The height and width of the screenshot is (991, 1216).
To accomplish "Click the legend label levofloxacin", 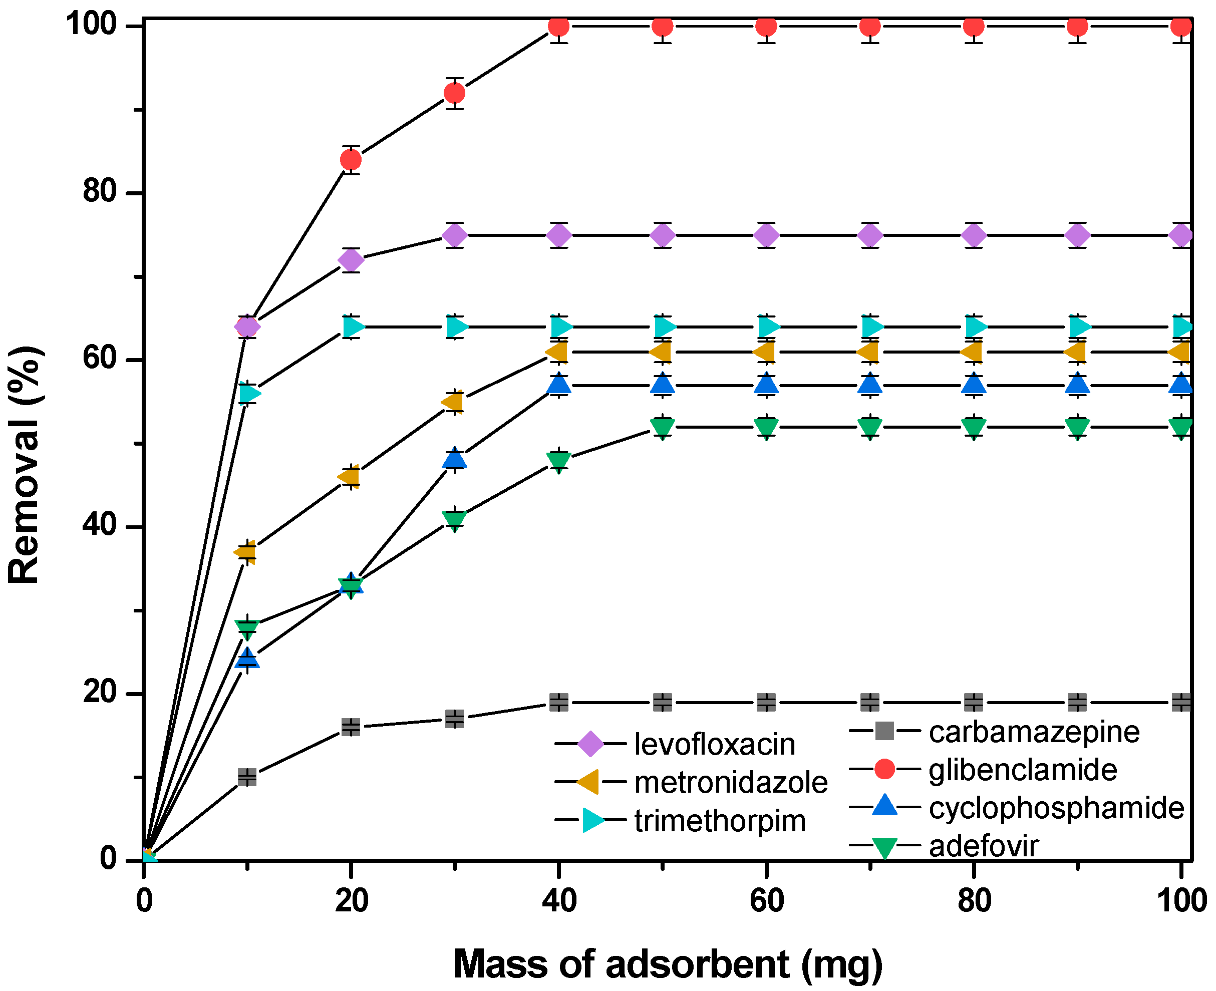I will tap(714, 745).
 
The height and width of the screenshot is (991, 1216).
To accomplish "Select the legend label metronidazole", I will tap(730, 783).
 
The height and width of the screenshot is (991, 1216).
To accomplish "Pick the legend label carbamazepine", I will tap(1034, 733).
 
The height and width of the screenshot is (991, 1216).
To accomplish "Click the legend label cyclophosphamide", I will tap(1057, 808).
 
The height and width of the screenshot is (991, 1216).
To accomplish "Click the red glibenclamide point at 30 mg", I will tap(454, 93).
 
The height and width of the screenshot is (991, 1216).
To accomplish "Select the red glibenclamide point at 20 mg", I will tap(351, 160).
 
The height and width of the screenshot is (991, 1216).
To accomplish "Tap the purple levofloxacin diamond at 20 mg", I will tap(351, 260).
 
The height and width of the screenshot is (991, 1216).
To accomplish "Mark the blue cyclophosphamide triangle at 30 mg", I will tap(454, 458).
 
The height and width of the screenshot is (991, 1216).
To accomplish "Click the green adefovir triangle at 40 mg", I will tap(558, 460).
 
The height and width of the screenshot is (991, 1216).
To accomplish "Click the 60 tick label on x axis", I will tap(766, 900).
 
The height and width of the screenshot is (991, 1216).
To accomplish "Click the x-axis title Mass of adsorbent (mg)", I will tap(668, 964).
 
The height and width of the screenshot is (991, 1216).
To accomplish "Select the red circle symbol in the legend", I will tap(884, 769).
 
